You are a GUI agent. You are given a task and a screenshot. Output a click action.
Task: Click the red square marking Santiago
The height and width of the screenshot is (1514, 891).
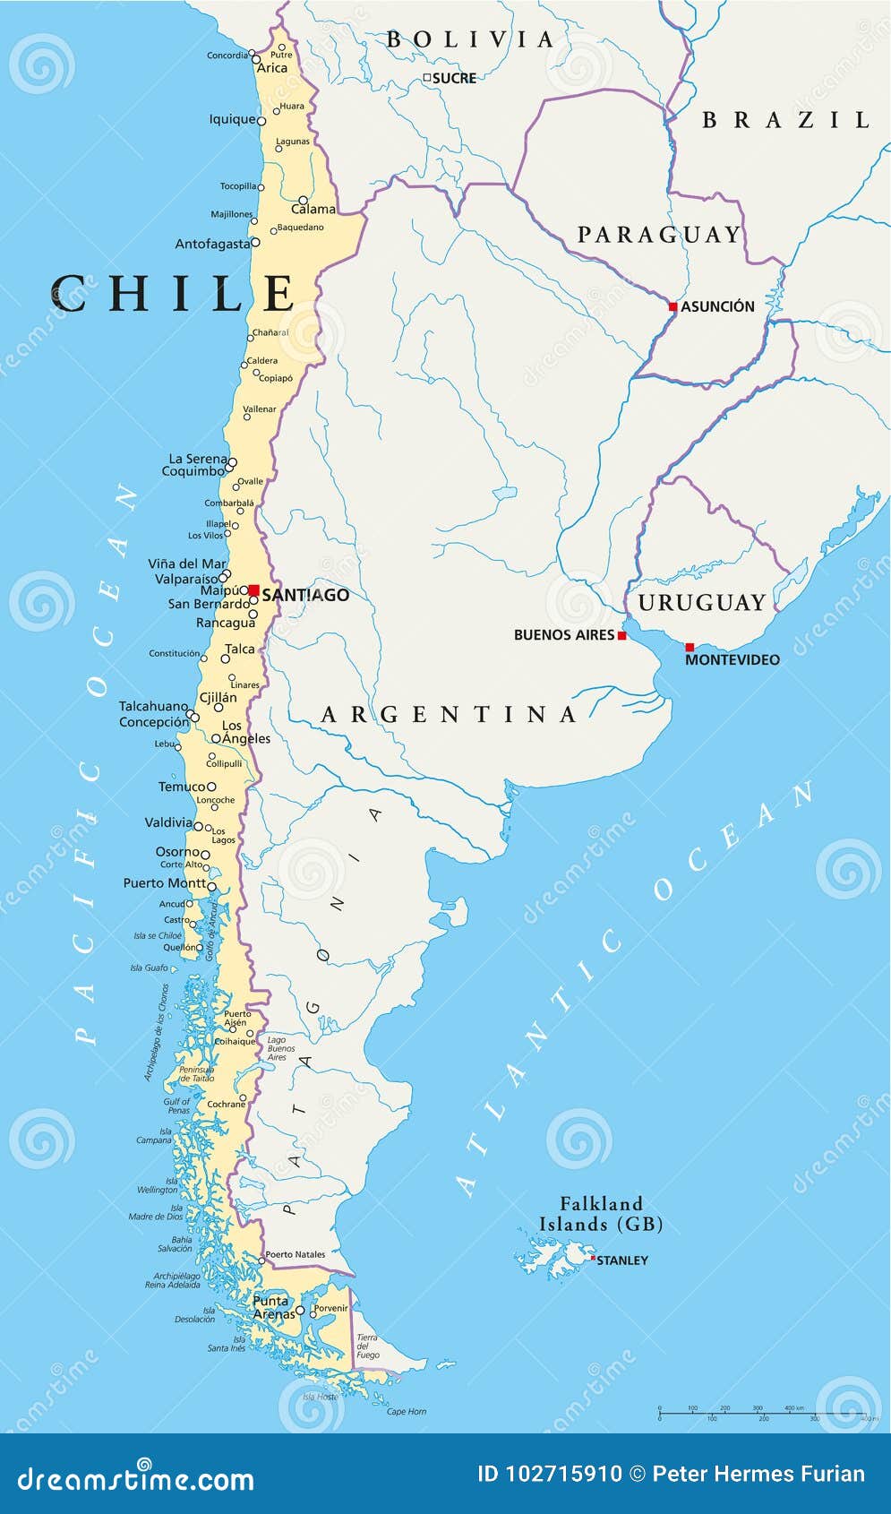[x=254, y=590]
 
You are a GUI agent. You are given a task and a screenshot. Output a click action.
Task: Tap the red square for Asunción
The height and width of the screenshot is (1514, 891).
[x=673, y=306]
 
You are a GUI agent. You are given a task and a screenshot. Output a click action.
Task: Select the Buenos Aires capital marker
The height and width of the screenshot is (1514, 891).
[x=622, y=635]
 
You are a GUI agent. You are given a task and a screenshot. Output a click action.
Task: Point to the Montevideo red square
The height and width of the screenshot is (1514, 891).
[x=690, y=647]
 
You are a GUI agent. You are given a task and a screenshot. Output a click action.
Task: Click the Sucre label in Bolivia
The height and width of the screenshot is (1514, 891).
[x=454, y=78]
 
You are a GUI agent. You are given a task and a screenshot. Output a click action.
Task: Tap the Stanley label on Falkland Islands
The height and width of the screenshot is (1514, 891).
[x=622, y=1260]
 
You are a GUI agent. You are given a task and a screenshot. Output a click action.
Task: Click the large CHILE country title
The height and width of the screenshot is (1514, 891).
[x=173, y=294]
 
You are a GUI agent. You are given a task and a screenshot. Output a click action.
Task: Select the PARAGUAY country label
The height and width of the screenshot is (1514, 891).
[x=660, y=235]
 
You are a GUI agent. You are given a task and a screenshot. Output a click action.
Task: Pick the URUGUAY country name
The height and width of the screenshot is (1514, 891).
[x=702, y=602]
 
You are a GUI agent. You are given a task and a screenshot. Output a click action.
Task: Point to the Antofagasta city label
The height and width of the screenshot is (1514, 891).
[x=212, y=244]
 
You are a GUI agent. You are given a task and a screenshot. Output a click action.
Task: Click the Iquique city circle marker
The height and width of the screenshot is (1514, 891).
[x=261, y=120]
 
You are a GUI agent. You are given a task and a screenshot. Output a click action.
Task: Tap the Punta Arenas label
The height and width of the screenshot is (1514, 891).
[x=272, y=1307]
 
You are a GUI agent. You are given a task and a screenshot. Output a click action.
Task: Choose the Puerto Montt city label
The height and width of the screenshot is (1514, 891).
[x=164, y=882]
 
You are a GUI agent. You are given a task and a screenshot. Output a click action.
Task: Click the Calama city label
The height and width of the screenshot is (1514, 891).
[x=313, y=209]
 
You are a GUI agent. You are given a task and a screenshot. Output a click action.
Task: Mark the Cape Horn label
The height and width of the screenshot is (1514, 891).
[x=407, y=1411]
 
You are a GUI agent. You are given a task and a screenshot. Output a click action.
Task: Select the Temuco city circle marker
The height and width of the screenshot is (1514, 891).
[x=212, y=787]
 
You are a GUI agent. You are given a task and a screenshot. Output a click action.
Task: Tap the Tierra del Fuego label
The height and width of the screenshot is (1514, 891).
[x=367, y=1346]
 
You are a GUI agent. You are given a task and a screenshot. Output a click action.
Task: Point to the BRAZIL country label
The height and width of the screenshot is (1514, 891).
[x=785, y=120]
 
